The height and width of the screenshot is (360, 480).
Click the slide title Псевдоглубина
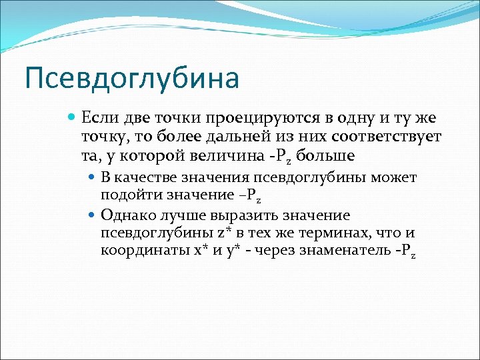point(131,78)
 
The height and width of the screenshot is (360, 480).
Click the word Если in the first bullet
point(99,118)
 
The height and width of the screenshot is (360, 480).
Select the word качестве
point(145,178)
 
